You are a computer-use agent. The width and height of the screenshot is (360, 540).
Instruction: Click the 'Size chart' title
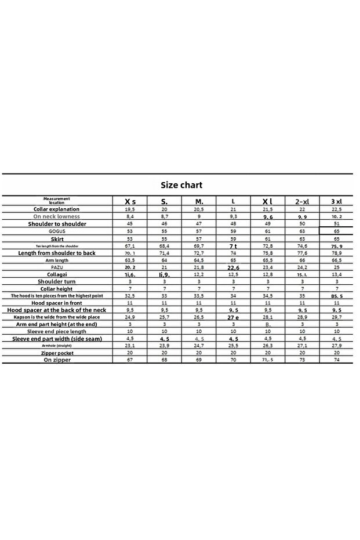coord(181,185)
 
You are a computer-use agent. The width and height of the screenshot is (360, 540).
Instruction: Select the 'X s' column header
coord(130,201)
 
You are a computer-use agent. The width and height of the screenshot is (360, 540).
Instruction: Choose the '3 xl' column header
coord(336,201)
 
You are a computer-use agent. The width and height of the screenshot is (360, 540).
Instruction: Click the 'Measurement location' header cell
coord(56,201)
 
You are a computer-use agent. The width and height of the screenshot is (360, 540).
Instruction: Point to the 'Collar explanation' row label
coord(56,209)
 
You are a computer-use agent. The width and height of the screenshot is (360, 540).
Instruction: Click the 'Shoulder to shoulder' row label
coord(56,223)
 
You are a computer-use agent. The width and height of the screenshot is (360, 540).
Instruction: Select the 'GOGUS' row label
coord(56,231)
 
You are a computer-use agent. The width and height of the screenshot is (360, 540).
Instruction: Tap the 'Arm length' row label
coord(56,260)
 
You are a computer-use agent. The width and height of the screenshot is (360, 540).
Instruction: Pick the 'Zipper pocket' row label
coord(56,353)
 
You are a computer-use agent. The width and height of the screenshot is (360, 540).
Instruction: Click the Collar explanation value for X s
coord(130,209)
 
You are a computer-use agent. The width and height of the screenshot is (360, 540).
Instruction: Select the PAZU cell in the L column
coord(233,267)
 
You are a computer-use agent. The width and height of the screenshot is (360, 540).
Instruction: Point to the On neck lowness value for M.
coord(199,216)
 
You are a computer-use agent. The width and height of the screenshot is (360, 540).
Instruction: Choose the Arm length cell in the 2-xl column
coord(302,260)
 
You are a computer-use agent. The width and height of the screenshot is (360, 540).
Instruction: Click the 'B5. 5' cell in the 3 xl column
coord(336,296)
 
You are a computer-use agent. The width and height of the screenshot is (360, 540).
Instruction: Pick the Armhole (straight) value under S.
coord(164,346)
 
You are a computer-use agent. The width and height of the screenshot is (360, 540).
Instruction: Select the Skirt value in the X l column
coord(267,238)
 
